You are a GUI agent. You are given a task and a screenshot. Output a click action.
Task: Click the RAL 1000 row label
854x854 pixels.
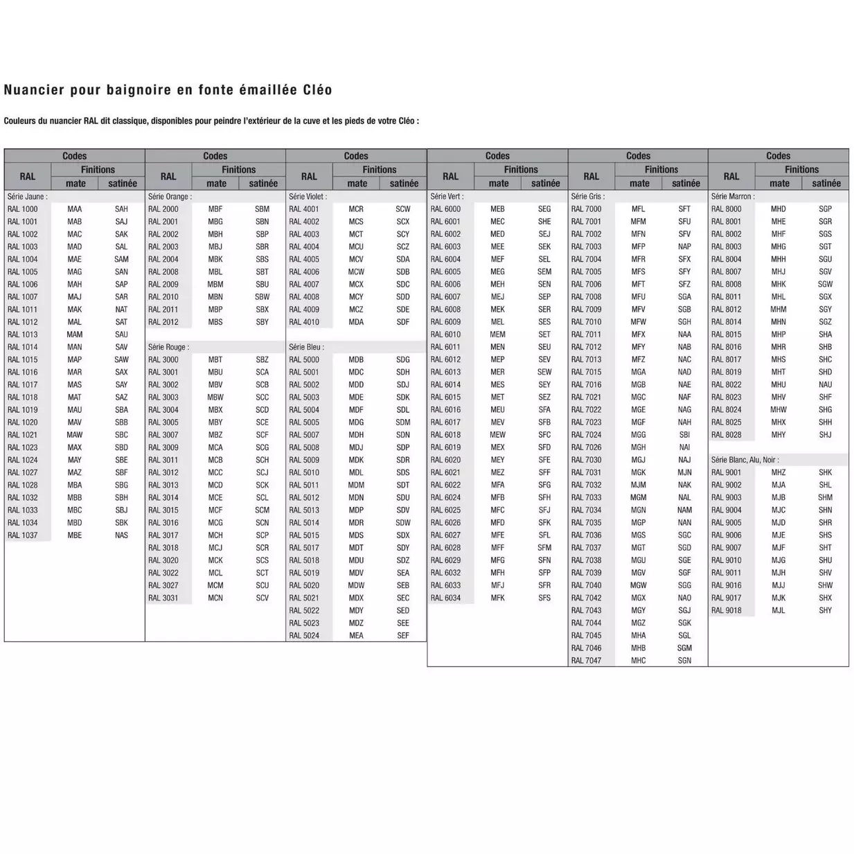point(23,209)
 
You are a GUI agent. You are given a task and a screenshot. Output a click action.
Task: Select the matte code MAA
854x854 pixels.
point(74,209)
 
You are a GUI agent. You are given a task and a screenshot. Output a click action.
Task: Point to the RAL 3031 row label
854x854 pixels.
point(163,598)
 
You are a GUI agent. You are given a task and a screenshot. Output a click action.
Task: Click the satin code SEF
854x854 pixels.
point(403,635)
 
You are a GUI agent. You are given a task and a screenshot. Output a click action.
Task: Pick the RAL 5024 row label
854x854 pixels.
point(304,635)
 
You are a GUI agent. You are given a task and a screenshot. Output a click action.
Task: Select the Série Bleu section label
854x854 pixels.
point(306,347)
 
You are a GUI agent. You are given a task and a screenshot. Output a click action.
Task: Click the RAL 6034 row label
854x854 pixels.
point(445,598)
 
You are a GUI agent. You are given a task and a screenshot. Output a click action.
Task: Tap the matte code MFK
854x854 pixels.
point(497,598)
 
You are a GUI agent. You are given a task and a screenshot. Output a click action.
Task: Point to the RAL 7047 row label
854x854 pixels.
point(586,661)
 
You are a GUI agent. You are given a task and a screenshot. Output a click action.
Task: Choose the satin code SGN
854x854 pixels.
point(684,661)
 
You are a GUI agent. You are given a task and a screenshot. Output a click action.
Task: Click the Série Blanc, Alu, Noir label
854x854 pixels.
point(745,460)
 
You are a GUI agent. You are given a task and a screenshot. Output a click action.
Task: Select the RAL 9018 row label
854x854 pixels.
point(726,610)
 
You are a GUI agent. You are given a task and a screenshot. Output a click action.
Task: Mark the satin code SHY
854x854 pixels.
point(825,610)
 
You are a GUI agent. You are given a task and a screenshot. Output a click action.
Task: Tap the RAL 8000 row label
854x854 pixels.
point(726,209)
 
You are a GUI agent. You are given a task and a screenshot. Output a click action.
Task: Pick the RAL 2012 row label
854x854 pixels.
point(163,322)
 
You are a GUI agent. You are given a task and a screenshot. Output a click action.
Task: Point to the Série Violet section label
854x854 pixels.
point(308,197)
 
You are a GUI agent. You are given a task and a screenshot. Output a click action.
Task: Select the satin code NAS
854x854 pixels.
point(121,535)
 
